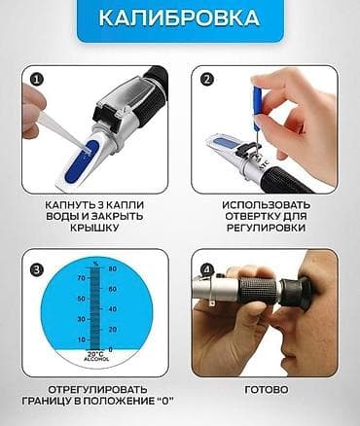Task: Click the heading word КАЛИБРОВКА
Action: [x=180, y=20]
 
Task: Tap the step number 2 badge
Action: [x=205, y=81]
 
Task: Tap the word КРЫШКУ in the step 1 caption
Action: [x=94, y=231]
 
